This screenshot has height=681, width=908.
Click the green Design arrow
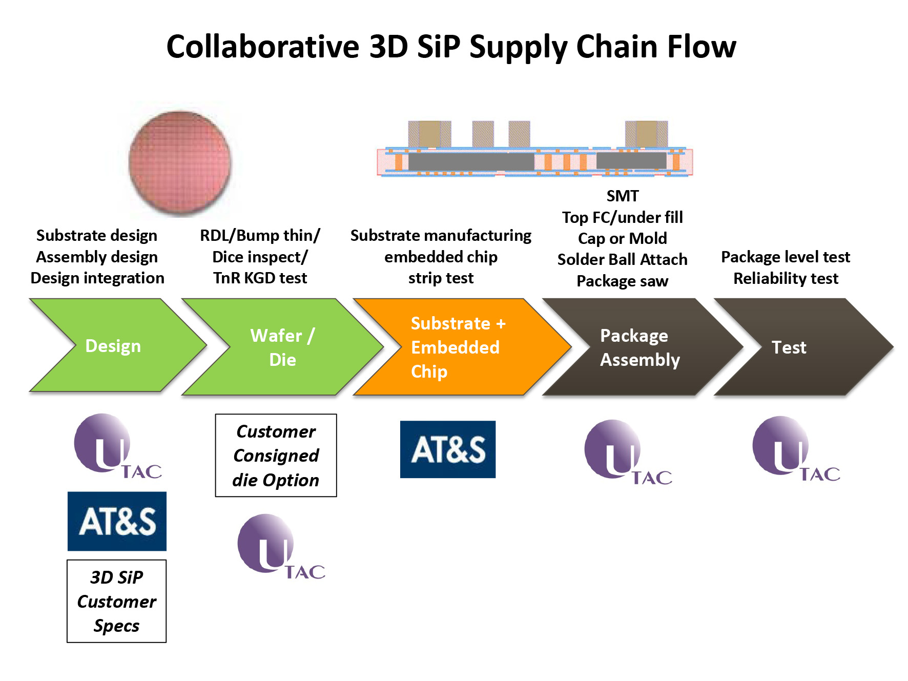click(113, 345)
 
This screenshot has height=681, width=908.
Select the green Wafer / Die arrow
click(282, 347)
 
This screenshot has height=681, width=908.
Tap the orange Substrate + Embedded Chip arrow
click(456, 347)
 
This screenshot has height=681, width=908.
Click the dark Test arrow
click(799, 347)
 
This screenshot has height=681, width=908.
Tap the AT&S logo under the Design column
click(117, 521)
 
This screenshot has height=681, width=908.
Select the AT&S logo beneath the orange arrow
click(448, 449)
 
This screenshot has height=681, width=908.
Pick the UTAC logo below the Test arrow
click(796, 449)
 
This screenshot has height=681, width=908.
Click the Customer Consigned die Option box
click(276, 455)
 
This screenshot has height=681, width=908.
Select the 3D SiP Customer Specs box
click(117, 601)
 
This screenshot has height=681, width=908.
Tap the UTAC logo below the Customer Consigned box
click(281, 547)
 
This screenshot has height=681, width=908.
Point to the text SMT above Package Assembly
click(623, 196)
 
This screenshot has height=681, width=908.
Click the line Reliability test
click(786, 278)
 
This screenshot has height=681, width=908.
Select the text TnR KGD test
click(260, 278)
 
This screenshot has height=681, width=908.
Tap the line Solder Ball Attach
click(623, 259)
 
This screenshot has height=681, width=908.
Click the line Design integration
click(97, 278)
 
